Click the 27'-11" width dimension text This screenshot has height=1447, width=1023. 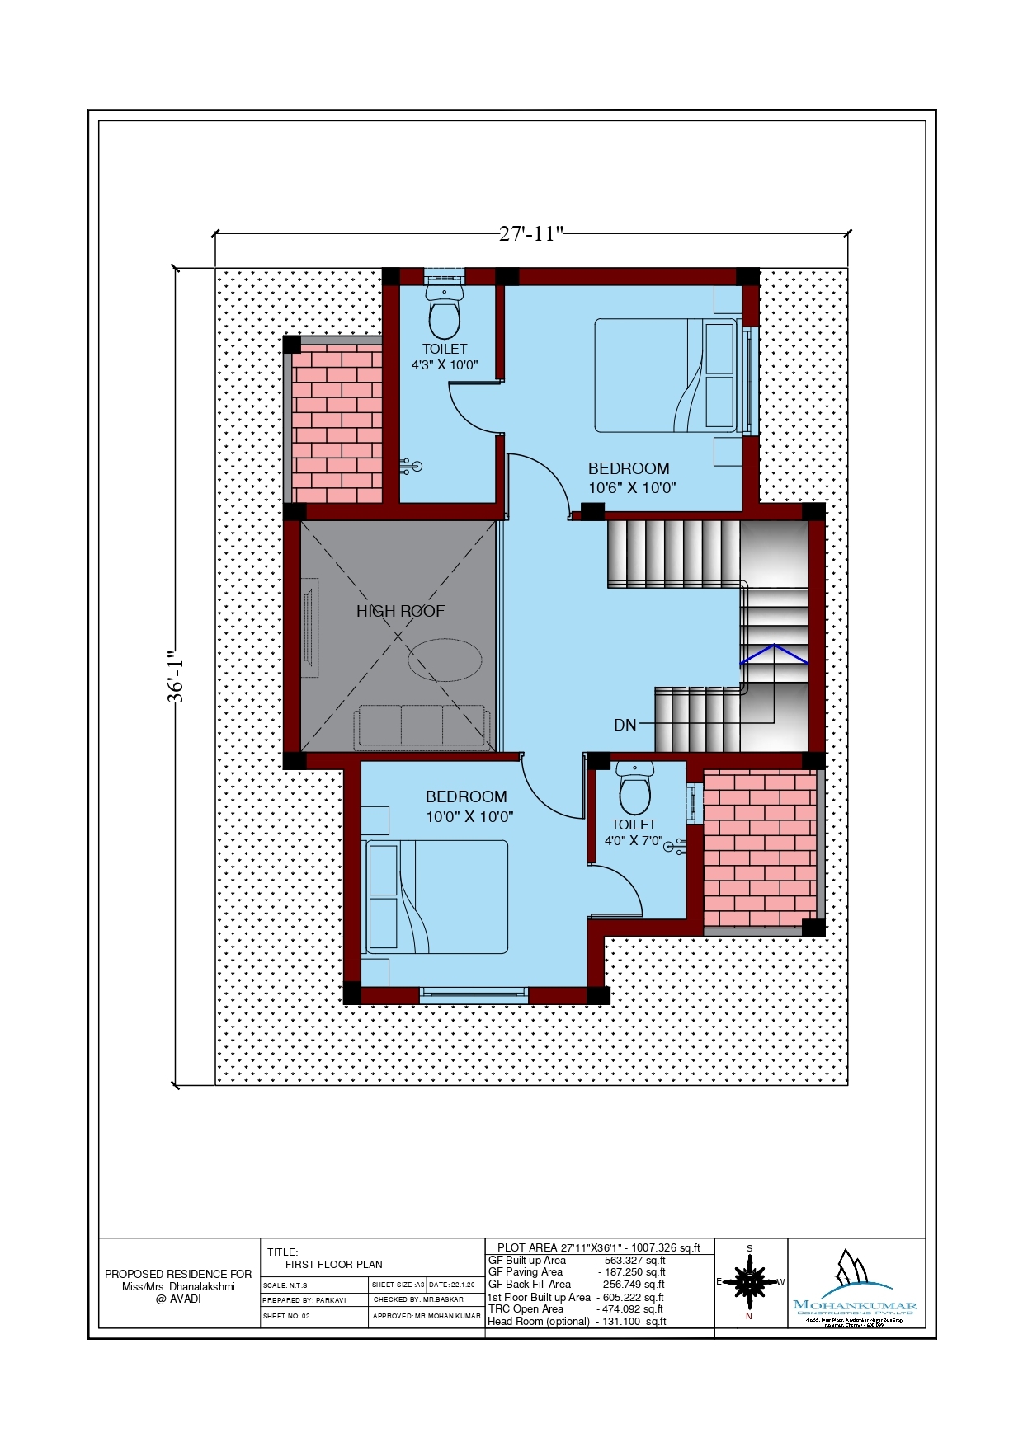pyautogui.click(x=530, y=233)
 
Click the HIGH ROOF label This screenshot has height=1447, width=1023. pyautogui.click(x=400, y=611)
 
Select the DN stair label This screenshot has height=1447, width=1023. pyautogui.click(x=625, y=725)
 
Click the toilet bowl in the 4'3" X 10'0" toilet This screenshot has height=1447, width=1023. pyautogui.click(x=445, y=316)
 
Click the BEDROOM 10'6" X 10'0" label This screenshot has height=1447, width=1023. pyautogui.click(x=631, y=477)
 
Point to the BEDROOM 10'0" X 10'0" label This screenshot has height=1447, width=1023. pyautogui.click(x=469, y=806)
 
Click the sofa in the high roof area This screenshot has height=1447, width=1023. pyautogui.click(x=422, y=726)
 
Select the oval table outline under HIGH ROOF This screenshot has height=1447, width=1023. pyautogui.click(x=445, y=660)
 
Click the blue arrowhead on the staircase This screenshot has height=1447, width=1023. pyautogui.click(x=773, y=653)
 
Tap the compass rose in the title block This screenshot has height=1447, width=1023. pyautogui.click(x=749, y=1282)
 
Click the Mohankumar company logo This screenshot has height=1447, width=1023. pyautogui.click(x=855, y=1286)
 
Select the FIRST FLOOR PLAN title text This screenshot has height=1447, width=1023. pyautogui.click(x=334, y=1264)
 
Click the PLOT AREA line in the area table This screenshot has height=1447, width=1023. pyautogui.click(x=598, y=1247)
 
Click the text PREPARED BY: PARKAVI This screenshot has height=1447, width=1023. pyautogui.click(x=304, y=1299)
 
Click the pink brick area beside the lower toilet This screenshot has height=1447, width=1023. pyautogui.click(x=760, y=849)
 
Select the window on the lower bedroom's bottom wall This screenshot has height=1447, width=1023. pyautogui.click(x=473, y=994)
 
